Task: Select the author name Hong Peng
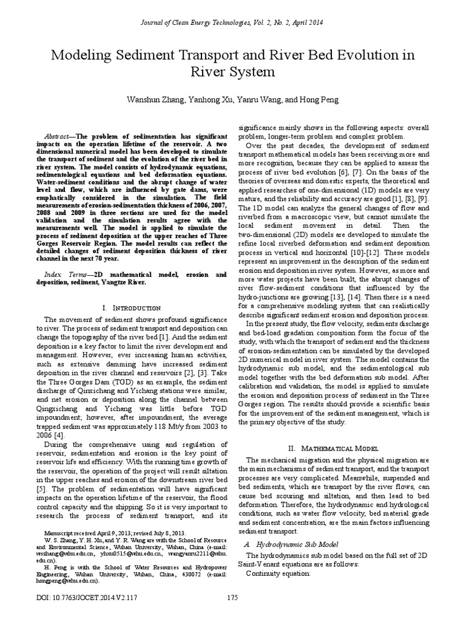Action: click(322, 100)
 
